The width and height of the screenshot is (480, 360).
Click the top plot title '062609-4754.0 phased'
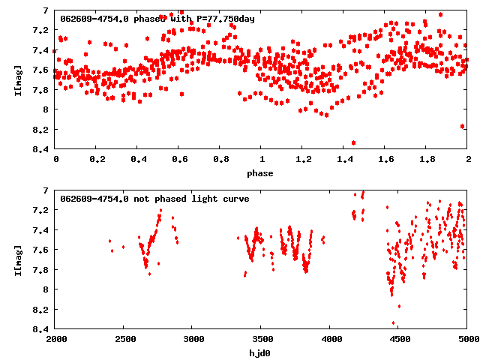pyautogui.click(x=105, y=19)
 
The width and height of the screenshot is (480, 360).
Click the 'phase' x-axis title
pyautogui.click(x=262, y=173)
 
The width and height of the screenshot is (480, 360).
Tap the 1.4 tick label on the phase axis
pyautogui.click(x=344, y=160)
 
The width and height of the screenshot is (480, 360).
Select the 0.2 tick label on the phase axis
pyautogui.click(x=97, y=160)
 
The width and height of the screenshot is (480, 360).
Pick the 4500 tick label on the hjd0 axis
pyautogui.click(x=399, y=340)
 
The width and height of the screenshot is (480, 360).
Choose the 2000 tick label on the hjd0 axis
pyautogui.click(x=56, y=340)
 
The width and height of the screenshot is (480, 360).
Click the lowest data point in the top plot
pyautogui.click(x=353, y=142)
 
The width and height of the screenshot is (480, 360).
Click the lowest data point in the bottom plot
pyautogui.click(x=394, y=323)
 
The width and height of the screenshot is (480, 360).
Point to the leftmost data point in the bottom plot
pyautogui.click(x=109, y=241)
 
